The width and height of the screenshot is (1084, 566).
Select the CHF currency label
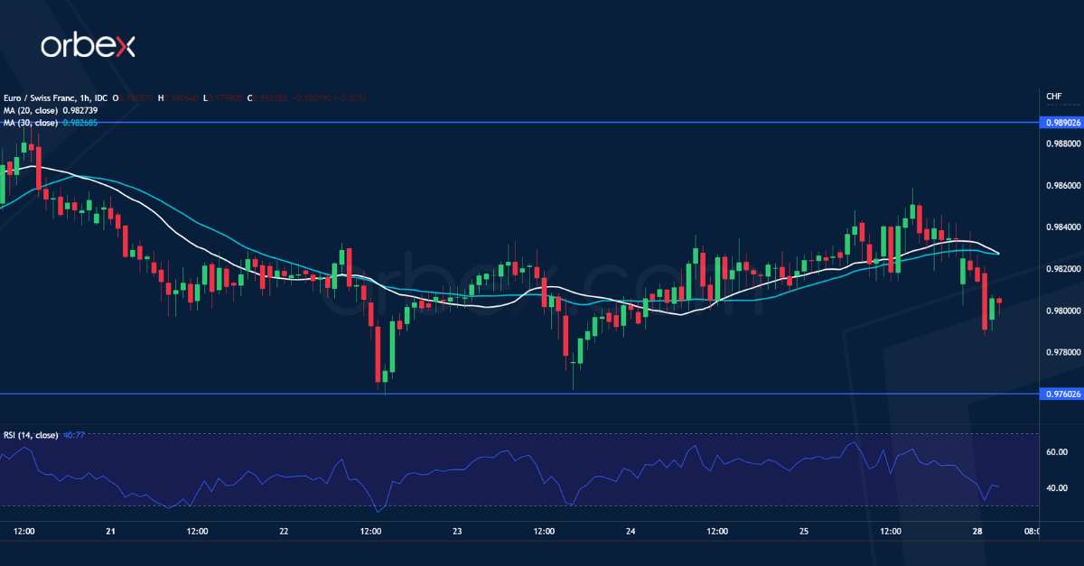point(1053,97)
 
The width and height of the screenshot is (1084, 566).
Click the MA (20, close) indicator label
point(30,110)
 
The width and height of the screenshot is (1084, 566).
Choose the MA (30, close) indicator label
point(30,122)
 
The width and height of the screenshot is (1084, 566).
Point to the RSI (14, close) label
point(30,435)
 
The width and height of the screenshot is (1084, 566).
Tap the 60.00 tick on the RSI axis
point(1056,451)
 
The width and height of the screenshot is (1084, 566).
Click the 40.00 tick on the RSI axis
point(1056,487)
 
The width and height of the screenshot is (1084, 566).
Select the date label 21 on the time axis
point(110,532)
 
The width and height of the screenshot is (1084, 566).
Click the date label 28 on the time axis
point(977,532)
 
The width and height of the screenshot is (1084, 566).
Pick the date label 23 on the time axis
point(457,532)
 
